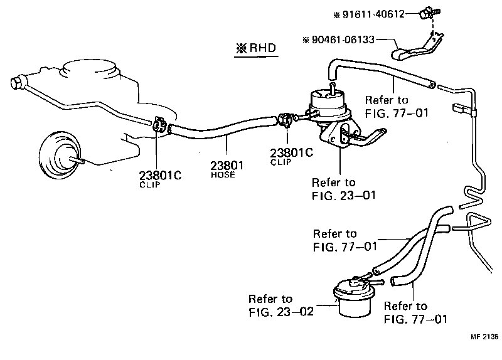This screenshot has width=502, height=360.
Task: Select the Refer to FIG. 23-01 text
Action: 343,189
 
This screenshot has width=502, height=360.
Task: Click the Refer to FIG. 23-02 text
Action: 278,304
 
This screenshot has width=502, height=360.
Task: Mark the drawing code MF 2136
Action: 483,337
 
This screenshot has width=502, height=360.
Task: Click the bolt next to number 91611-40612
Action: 427,11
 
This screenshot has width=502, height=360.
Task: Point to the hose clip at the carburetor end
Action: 160,125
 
